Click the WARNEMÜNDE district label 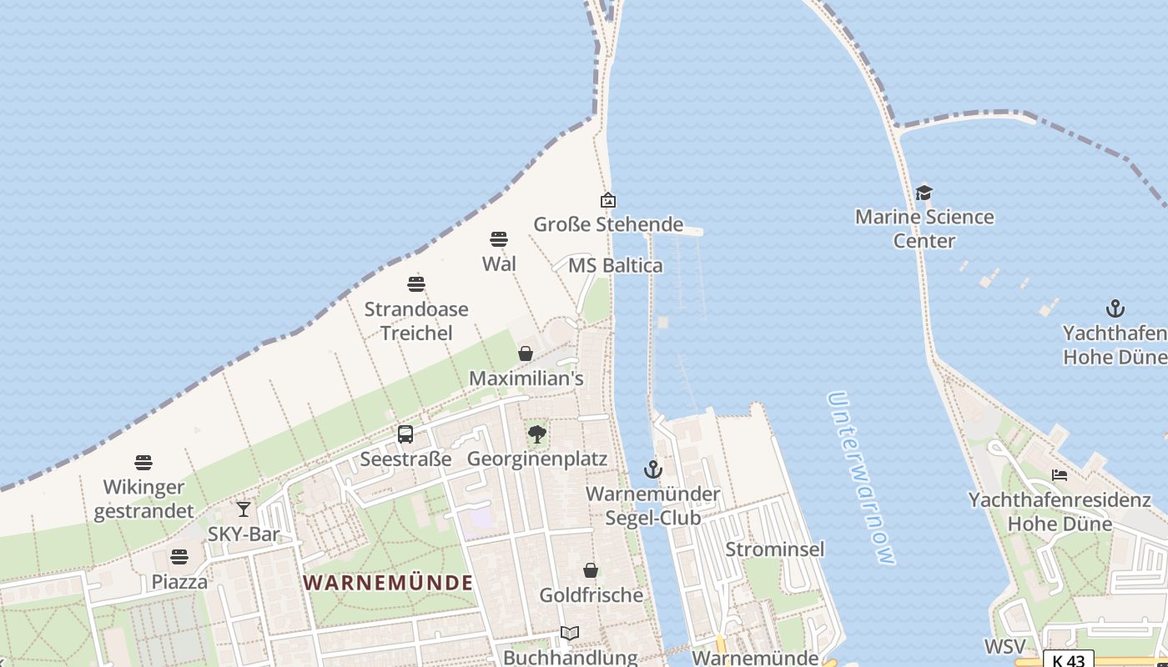388,582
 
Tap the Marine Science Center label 924,228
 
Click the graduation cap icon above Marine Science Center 924,193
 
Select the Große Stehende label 608,224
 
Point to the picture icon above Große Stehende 608,200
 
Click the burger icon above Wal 499,239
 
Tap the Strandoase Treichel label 415,321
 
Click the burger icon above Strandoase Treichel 415,284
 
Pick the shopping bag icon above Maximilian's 526,354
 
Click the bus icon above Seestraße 405,434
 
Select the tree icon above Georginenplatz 537,434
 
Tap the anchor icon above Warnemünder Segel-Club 652,469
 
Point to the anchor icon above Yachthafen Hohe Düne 1115,309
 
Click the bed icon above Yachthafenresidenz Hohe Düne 1060,475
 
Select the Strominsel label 774,549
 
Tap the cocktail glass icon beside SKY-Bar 243,509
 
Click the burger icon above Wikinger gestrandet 143,463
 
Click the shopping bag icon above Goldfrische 591,570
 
